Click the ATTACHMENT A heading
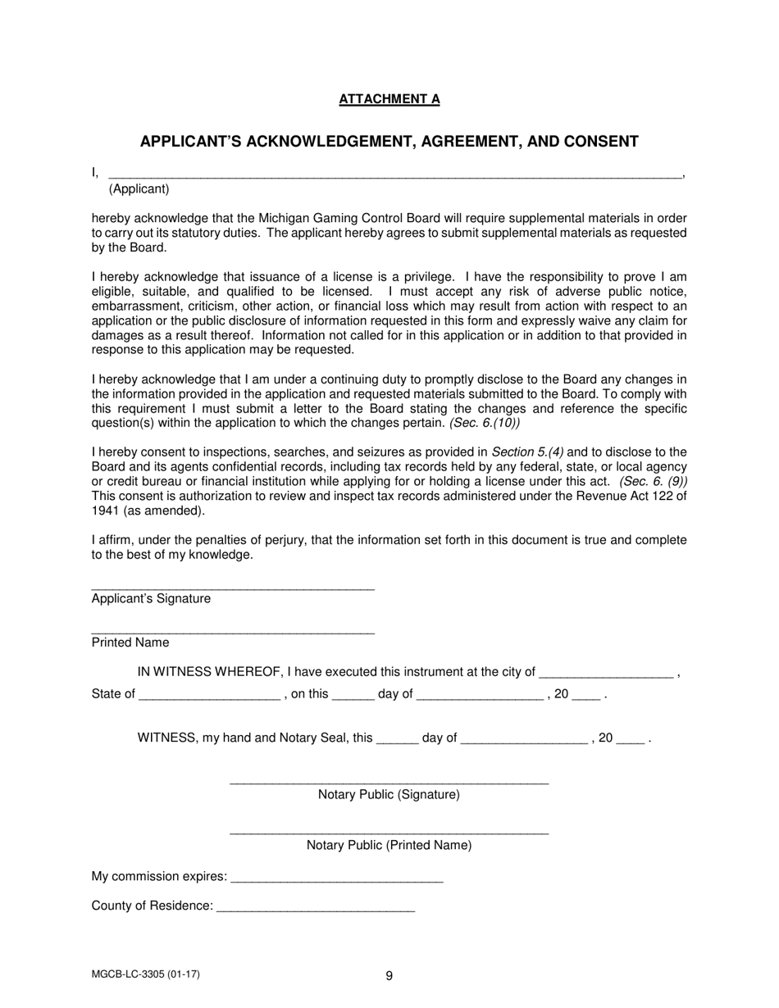389,99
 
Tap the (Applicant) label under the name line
139,189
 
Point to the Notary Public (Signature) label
389,795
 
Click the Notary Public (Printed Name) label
389,845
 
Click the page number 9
389,975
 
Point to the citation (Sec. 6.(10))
484,424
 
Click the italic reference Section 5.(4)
527,452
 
